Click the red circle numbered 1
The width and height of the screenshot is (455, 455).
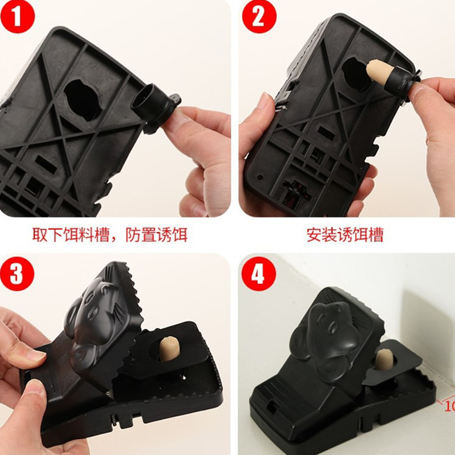point(18,16)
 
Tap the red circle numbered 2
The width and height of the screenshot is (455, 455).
point(259,16)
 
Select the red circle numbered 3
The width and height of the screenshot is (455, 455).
point(17,274)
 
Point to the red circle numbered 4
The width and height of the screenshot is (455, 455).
point(259,274)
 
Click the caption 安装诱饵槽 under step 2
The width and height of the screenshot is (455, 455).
point(345,235)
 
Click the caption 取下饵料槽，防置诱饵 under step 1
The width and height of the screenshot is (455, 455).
point(110,235)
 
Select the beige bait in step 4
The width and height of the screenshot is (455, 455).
point(384,359)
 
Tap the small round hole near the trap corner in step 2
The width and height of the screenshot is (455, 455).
point(260,177)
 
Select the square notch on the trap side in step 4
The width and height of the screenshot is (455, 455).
point(272,407)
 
